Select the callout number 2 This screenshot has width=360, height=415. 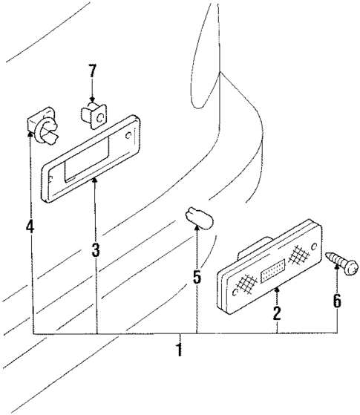click(276, 313)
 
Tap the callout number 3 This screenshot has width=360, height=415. click(96, 250)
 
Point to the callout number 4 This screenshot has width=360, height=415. click(30, 225)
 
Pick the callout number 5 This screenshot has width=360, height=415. click(197, 278)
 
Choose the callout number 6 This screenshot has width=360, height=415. click(337, 301)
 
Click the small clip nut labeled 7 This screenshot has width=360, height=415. click(91, 115)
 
